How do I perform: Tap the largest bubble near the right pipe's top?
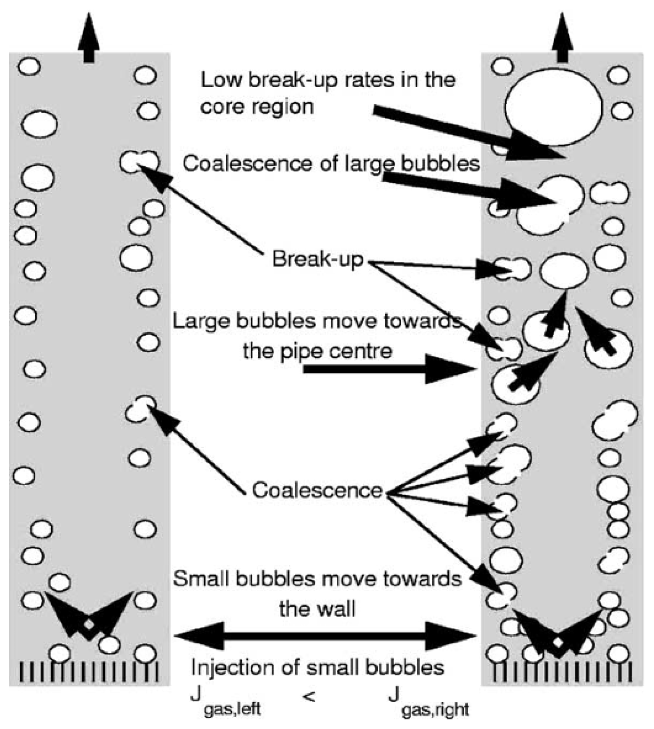[553, 107]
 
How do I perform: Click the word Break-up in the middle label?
[317, 259]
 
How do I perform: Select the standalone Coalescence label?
[317, 490]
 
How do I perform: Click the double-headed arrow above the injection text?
[325, 636]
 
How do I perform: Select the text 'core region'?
[257, 106]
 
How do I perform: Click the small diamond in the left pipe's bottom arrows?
[89, 625]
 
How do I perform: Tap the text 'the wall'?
[317, 609]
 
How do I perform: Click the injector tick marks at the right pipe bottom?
[562, 672]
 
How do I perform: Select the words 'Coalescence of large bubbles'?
[331, 163]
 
